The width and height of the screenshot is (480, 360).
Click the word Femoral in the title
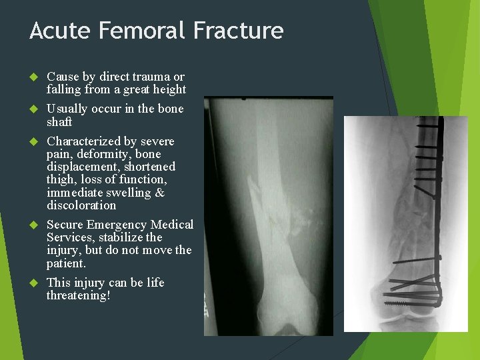tap(139, 31)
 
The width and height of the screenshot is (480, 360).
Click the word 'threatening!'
tap(79, 295)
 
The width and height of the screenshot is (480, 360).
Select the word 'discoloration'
tap(81, 205)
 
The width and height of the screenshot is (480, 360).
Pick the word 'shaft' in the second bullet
tap(59, 122)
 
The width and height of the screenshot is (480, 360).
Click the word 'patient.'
tap(66, 263)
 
